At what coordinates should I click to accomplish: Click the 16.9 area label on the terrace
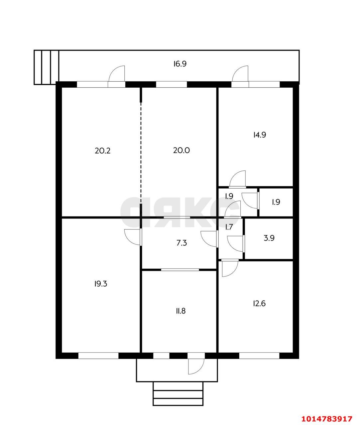[x=180, y=64]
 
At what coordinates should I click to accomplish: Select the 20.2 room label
[x=103, y=151]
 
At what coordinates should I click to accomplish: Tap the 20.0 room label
[x=181, y=150]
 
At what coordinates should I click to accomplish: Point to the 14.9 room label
[x=260, y=135]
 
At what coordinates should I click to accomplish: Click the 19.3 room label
[x=101, y=284]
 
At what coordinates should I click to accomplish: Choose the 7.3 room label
[x=181, y=243]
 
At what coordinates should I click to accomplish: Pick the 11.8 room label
[x=180, y=311]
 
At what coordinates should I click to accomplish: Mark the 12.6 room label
[x=259, y=303]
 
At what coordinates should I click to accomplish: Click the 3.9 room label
[x=269, y=238]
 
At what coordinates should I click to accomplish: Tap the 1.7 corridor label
[x=229, y=227]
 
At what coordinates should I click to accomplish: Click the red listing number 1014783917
[x=327, y=417]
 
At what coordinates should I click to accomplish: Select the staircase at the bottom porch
[x=178, y=394]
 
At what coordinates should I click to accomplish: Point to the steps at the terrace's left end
[x=47, y=67]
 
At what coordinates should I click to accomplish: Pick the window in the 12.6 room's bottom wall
[x=259, y=356]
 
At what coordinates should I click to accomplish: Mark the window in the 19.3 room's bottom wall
[x=98, y=356]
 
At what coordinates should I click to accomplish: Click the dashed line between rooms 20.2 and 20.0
[x=141, y=153]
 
